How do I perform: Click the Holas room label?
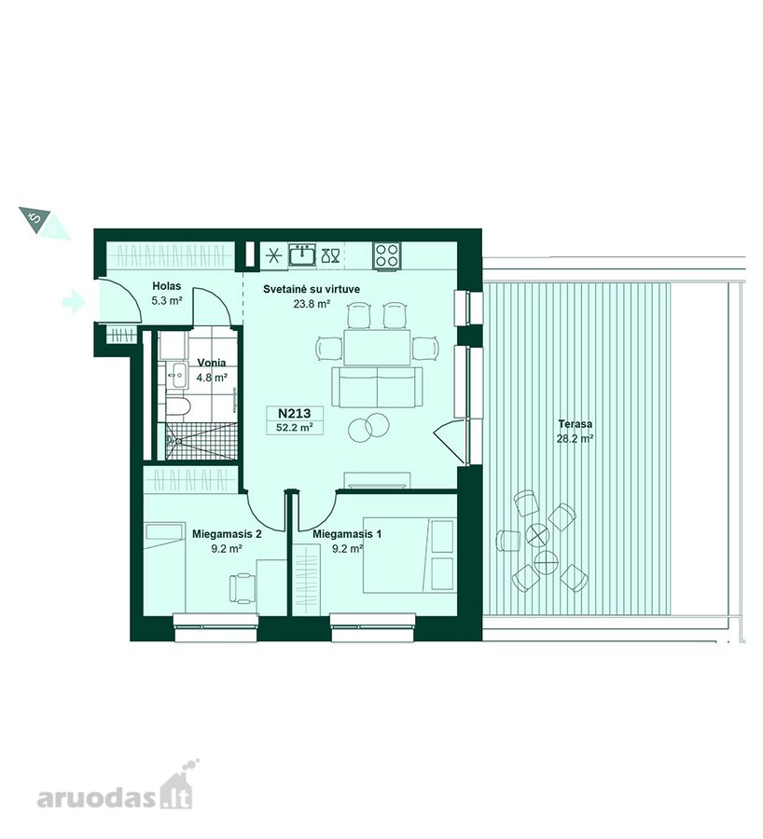pyautogui.click(x=167, y=286)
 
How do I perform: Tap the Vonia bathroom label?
pyautogui.click(x=212, y=363)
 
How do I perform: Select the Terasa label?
pyautogui.click(x=576, y=424)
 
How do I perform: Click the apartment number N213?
pyautogui.click(x=295, y=414)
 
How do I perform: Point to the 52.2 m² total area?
pyautogui.click(x=295, y=428)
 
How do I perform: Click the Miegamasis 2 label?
pyautogui.click(x=227, y=534)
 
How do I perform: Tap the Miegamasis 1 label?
pyautogui.click(x=347, y=534)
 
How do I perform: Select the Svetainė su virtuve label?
pyautogui.click(x=312, y=290)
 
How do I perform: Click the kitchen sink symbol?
pyautogui.click(x=302, y=254)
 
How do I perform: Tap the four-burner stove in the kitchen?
pyautogui.click(x=386, y=255)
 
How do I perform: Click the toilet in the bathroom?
pyautogui.click(x=176, y=407)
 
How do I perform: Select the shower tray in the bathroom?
pyautogui.click(x=201, y=441)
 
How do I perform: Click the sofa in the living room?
pyautogui.click(x=377, y=387)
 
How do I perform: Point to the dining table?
pyautogui.click(x=377, y=348)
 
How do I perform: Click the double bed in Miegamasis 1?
pyautogui.click(x=409, y=555)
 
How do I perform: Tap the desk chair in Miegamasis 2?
pyautogui.click(x=242, y=588)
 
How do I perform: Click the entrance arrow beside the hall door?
pyautogui.click(x=74, y=301)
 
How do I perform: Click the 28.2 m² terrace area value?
pyautogui.click(x=576, y=439)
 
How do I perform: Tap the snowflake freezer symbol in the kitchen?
pyautogui.click(x=273, y=255)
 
